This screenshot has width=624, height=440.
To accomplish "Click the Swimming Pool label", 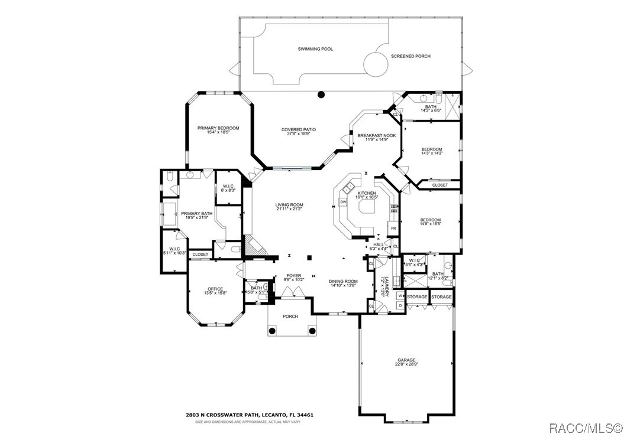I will (315, 49).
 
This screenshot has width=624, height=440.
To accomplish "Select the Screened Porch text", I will (410, 56).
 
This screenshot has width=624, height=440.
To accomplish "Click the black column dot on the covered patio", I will (321, 94).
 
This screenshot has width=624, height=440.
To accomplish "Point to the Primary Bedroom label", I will (218, 128).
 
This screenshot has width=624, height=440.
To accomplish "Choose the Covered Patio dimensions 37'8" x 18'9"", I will (298, 133).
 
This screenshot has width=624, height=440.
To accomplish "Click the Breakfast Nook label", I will (376, 135).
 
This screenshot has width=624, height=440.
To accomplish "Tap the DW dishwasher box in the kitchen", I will (343, 203).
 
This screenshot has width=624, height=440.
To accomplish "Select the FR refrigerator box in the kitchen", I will (393, 227).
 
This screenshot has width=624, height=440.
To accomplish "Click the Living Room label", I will (289, 205).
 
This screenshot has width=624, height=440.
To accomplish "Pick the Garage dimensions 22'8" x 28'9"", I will (406, 364).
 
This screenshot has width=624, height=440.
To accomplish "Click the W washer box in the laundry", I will (400, 296).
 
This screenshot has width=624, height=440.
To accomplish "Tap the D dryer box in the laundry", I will (400, 305).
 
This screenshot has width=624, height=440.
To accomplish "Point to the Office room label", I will (215, 289).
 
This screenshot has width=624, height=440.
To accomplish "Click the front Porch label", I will (290, 316).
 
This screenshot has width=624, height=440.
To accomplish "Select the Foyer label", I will (293, 275).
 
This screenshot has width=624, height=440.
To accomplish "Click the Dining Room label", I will (343, 281).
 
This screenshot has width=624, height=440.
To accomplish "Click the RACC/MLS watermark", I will (584, 427).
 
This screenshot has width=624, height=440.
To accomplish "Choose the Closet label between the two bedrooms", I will (439, 185).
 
